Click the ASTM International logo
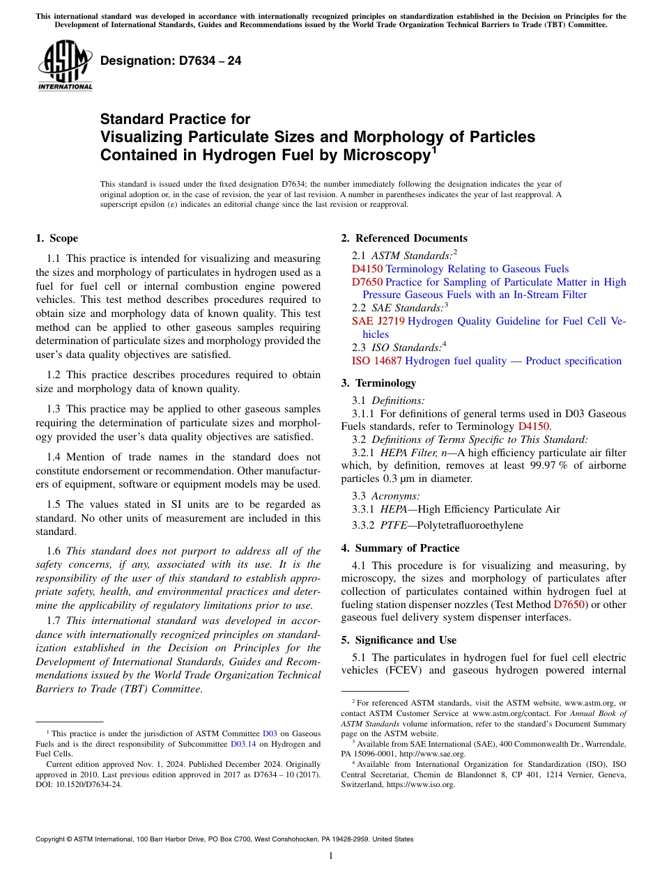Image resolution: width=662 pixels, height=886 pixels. pos(65,65)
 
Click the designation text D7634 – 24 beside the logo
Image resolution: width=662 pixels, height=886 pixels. pos(171,61)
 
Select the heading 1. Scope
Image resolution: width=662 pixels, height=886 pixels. pos(56,238)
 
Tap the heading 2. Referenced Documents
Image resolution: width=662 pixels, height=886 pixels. pos(404,238)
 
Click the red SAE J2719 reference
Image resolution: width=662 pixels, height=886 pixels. pos(378,321)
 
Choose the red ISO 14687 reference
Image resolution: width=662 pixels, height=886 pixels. pos(376,361)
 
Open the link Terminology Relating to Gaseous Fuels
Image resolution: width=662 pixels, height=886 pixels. pos(477,269)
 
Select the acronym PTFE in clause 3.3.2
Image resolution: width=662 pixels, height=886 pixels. pos(394,525)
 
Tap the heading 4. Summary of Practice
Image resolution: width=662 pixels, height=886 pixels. pos(400,548)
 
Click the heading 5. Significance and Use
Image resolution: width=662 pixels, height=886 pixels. pos(399,640)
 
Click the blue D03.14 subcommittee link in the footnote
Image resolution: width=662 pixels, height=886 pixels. pos(241,744)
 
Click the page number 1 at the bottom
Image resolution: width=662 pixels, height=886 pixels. pos(331,855)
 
